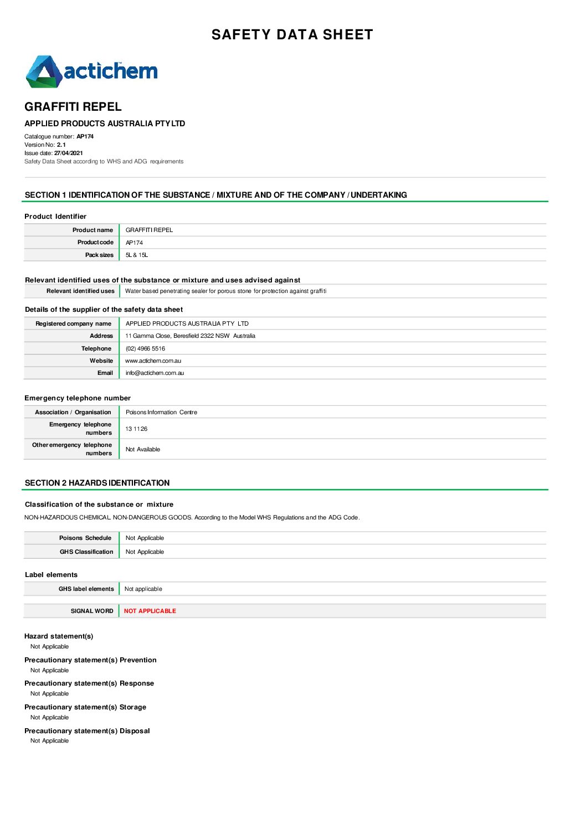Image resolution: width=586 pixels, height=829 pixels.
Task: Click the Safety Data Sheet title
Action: point(292,35)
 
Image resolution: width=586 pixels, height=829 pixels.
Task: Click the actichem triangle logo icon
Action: point(43,71)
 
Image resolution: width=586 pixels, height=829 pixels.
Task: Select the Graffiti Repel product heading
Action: point(73,107)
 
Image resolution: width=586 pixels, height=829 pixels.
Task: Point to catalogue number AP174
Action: point(85,137)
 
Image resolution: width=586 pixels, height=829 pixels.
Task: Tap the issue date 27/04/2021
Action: point(68,153)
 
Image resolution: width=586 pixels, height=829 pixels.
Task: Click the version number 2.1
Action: point(61,145)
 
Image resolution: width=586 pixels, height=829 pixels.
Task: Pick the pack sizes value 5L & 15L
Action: point(136,255)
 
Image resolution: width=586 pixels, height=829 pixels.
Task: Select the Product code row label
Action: point(95,243)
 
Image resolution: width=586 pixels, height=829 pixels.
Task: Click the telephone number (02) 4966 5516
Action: point(145,349)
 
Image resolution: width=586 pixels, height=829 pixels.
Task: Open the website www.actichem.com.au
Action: point(153,361)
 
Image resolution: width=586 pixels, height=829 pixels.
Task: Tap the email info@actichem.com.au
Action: point(155,373)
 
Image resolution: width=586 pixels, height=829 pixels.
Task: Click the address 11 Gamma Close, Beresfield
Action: point(190,336)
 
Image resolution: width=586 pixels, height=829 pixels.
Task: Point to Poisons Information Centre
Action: point(161,413)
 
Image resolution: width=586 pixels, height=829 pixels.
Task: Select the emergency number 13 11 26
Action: point(136,429)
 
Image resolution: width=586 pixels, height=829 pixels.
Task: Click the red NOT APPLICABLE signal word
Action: point(150,611)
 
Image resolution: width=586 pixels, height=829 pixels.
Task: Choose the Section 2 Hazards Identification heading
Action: point(97,483)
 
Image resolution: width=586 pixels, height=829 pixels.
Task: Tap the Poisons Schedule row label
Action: point(85,538)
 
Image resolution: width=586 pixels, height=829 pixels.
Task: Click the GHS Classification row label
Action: point(86,552)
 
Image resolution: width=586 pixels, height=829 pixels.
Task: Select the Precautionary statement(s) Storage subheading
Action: point(85,707)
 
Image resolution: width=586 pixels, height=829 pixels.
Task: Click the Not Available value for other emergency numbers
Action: point(142,450)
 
